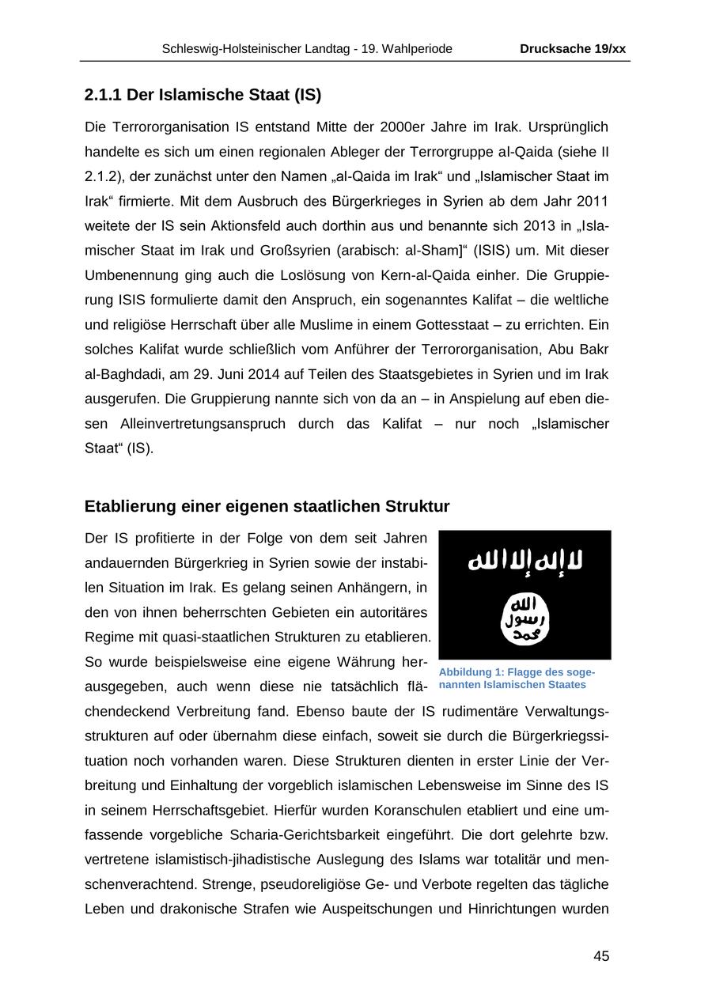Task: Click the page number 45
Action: coord(601,956)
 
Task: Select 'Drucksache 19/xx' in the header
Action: coord(573,49)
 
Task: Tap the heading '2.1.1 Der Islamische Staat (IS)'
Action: coord(203,96)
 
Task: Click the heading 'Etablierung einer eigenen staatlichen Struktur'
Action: coord(267,506)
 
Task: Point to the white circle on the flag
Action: coord(525,617)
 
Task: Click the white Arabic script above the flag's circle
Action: coord(525,560)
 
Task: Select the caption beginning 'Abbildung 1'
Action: coord(517,679)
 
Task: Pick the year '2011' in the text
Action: coord(593,201)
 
